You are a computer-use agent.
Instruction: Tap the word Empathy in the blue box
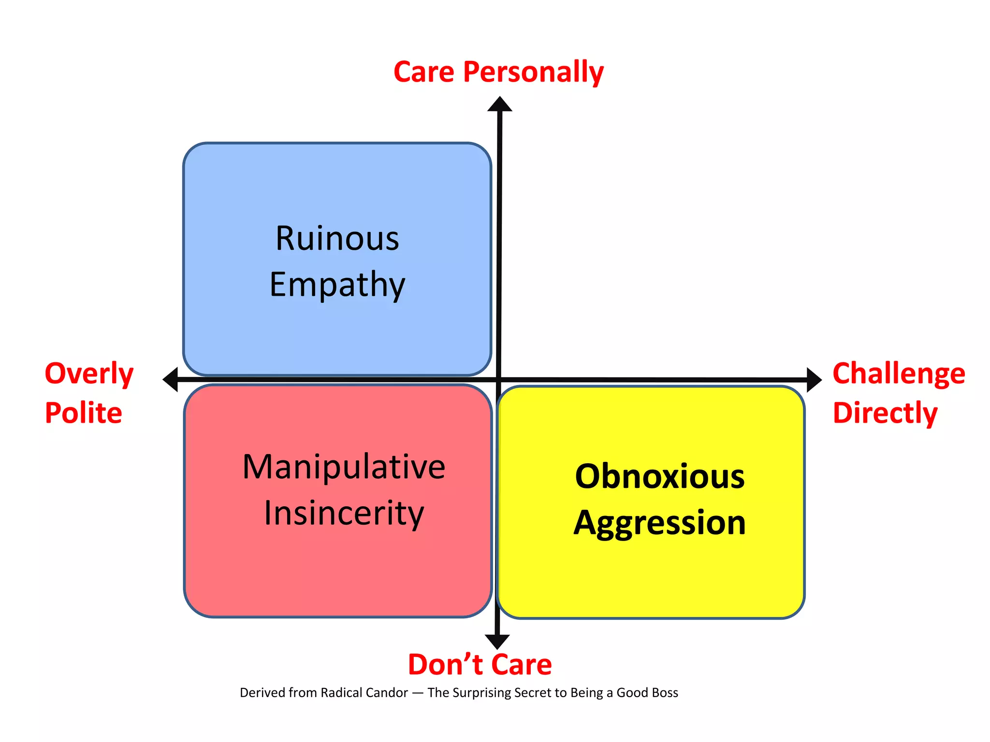[337, 285]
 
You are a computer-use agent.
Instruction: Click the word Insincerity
[344, 513]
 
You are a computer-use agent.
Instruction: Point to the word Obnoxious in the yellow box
[659, 476]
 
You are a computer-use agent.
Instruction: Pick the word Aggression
[659, 523]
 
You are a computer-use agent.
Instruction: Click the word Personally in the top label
[533, 72]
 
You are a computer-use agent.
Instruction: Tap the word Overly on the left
[89, 373]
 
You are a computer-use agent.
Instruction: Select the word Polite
[83, 413]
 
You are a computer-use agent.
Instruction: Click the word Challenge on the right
[899, 373]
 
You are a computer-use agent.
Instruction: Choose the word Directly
[885, 413]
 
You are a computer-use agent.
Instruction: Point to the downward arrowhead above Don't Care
[497, 642]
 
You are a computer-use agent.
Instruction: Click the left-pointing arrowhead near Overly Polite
[171, 379]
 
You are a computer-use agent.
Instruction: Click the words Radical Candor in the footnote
[364, 693]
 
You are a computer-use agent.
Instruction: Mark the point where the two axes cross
[499, 380]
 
